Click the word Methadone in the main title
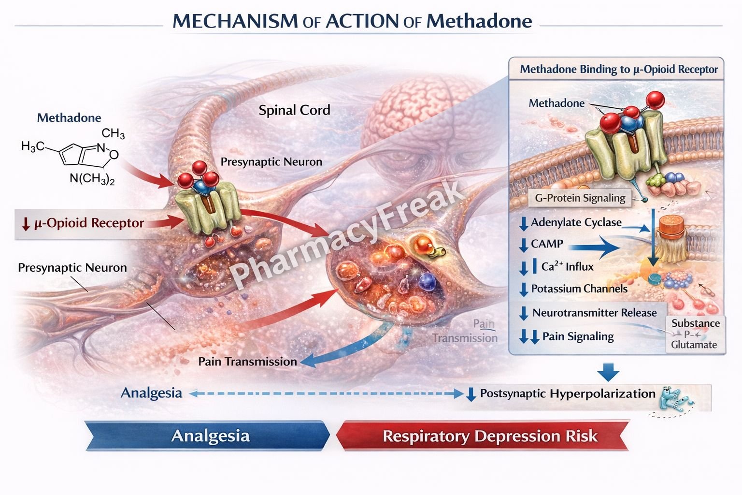479,21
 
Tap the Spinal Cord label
294,110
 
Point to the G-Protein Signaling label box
580,198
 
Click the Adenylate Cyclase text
576,222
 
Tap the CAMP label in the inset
547,244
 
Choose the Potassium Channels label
579,289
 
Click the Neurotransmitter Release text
594,313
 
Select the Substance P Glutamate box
695,334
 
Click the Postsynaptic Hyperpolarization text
567,393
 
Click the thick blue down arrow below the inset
608,372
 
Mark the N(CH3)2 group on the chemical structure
92,179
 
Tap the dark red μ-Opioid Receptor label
89,223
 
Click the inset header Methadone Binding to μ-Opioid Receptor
618,70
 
